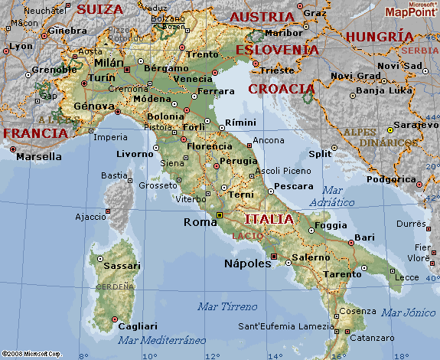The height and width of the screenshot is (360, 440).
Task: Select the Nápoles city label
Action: [247, 263]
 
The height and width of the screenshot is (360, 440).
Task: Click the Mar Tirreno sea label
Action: [227, 306]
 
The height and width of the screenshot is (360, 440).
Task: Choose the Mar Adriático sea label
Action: [332, 196]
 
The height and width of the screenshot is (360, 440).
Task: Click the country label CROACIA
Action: [282, 89]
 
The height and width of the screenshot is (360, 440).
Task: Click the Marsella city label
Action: [39, 156]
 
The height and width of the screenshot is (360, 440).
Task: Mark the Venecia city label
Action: [193, 79]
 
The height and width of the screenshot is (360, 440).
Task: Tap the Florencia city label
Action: [209, 146]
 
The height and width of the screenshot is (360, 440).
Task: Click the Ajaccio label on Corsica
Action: [90, 217]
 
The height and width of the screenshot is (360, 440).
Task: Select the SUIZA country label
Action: [99, 9]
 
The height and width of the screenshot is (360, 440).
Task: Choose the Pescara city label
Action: [293, 186]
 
